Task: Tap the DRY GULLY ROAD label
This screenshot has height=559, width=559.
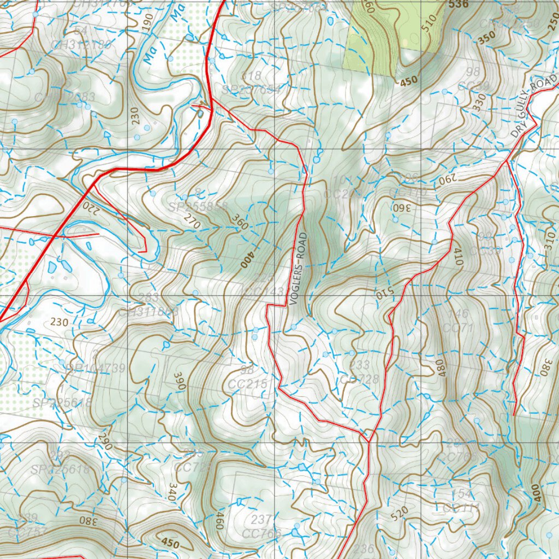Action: click(535, 106)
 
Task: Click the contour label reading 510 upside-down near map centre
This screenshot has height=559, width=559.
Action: click(381, 293)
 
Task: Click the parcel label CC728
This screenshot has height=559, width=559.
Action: click(359, 379)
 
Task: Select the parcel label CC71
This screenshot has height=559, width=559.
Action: click(457, 328)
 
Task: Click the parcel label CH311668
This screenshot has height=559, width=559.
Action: click(148, 312)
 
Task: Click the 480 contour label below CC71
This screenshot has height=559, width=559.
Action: click(440, 367)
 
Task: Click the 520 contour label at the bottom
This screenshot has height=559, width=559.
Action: click(400, 513)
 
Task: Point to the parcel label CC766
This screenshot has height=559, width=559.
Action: click(261, 533)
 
